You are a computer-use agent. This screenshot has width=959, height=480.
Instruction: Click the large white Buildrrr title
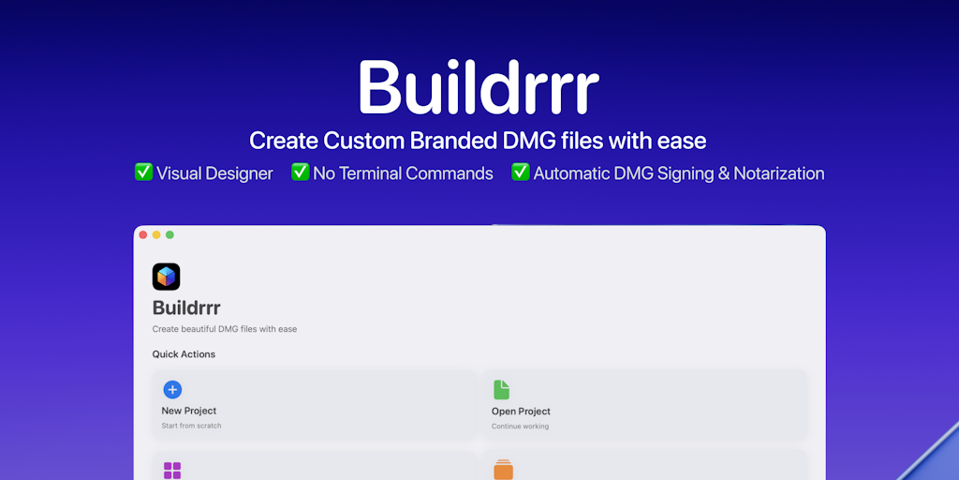coord(479,87)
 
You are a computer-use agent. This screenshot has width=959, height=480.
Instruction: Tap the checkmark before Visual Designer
coord(143,172)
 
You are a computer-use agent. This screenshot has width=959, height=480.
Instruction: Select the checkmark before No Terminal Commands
coord(301,172)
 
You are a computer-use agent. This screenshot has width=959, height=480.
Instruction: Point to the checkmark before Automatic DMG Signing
coord(521,172)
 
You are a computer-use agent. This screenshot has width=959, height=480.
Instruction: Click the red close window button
coord(143,234)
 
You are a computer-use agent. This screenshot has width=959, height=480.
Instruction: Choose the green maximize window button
coord(170,234)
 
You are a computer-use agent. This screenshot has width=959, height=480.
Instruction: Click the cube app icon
coord(167,277)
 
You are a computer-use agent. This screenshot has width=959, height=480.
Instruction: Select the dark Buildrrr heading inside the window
coord(186,307)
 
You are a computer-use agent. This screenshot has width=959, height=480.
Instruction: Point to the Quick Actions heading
coord(184,354)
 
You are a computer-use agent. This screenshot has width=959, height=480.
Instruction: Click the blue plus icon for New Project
coord(172,389)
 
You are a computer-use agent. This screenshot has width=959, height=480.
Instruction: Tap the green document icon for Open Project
coord(502,389)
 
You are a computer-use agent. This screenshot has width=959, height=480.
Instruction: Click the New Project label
coord(189,411)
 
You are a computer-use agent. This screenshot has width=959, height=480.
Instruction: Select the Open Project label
coord(521,412)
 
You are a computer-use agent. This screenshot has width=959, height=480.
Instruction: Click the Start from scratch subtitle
coord(191,426)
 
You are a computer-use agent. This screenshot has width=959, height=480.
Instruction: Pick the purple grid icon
coord(172,471)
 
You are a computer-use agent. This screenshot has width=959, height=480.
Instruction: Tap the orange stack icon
coord(503,470)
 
